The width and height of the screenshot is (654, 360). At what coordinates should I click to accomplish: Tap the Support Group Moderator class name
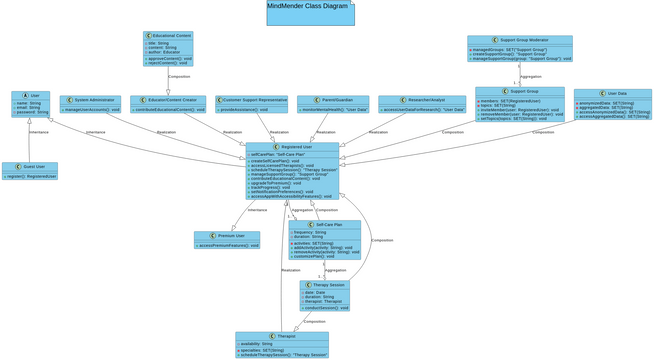[520, 41]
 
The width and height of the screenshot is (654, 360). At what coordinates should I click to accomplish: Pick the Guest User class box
[30, 167]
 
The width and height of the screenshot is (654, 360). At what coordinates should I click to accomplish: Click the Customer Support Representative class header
[252, 100]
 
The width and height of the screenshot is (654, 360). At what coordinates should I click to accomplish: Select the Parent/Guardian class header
[332, 100]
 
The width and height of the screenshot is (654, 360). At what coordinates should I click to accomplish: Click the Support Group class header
[520, 91]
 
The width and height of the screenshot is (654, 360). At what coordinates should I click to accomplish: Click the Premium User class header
[227, 236]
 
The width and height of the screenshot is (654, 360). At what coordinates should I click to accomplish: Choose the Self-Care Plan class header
[325, 224]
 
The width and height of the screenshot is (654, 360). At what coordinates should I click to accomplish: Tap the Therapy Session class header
[325, 285]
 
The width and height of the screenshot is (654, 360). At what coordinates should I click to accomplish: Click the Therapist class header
[282, 336]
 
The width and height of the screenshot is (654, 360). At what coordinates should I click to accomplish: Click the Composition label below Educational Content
[179, 77]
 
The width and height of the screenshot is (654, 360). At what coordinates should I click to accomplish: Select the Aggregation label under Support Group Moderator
[531, 76]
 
